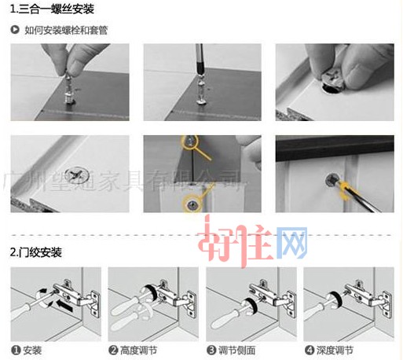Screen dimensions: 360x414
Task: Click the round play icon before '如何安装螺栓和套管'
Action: [15, 30]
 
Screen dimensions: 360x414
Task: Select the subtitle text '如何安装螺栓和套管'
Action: [62, 30]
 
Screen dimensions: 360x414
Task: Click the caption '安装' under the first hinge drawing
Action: [32, 350]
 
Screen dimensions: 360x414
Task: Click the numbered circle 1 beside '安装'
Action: [16, 350]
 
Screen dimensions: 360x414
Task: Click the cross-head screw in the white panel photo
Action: [79, 172]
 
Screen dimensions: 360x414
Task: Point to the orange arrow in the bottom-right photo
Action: [348, 189]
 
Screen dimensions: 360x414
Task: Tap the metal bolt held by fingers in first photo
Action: [68, 88]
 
